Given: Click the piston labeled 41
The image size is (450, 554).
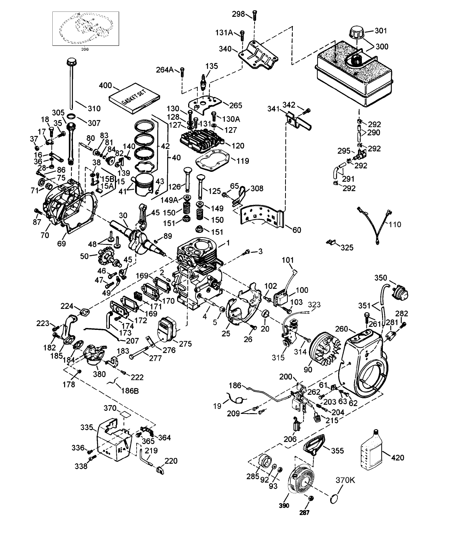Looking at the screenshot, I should point(144,186).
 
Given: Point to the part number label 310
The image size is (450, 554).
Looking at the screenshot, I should point(94,108).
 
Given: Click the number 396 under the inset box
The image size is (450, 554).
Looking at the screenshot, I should point(85,49).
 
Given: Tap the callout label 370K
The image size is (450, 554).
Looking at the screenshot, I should point(345,480).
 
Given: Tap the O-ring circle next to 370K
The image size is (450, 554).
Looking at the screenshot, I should point(334,498).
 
